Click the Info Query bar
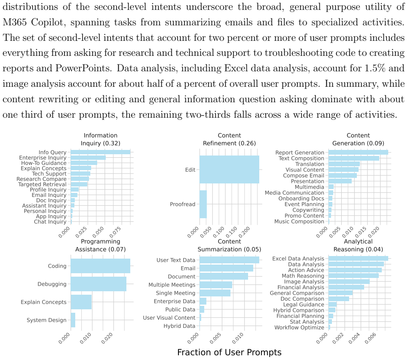click(x=101, y=152)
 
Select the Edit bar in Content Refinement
click(x=229, y=169)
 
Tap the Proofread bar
click(x=203, y=204)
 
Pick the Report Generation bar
click(x=358, y=153)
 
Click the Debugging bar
click(x=98, y=284)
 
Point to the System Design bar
click(x=73, y=320)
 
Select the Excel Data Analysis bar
click(x=358, y=258)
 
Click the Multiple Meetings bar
click(x=216, y=285)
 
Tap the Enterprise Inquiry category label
click(x=43, y=158)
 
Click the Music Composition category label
click(x=299, y=222)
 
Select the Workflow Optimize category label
click(x=299, y=327)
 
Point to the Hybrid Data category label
click(x=179, y=326)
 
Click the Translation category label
click(x=310, y=164)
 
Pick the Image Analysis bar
click(x=349, y=281)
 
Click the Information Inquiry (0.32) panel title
click(x=101, y=139)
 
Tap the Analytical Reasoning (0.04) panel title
click(x=358, y=245)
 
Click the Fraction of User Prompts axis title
click(x=229, y=352)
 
